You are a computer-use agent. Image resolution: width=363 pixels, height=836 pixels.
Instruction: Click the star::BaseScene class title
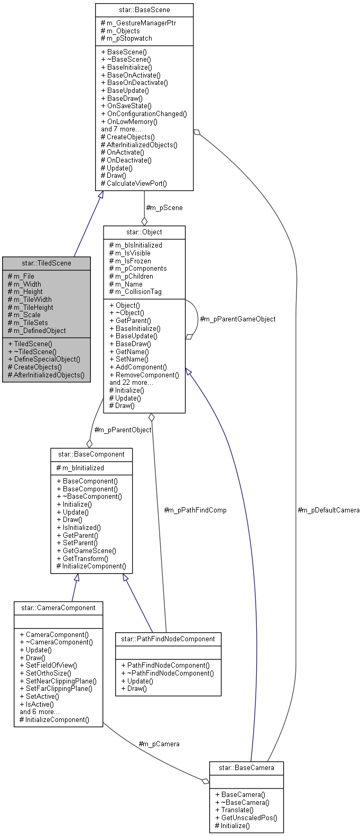144,9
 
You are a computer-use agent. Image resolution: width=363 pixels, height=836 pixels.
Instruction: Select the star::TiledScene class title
46,263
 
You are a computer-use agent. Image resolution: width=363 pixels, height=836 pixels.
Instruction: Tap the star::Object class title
144,232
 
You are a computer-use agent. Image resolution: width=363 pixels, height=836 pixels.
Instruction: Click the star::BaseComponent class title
91,454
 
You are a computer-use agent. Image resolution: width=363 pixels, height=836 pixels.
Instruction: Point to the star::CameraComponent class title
58,607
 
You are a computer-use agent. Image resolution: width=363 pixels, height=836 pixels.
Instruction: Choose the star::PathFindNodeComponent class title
168,639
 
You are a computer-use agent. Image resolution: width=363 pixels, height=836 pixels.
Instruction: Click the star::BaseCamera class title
247,767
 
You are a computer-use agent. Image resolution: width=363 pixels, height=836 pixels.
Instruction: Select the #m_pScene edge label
164,207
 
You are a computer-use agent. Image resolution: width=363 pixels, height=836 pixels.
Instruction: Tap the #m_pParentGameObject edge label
237,319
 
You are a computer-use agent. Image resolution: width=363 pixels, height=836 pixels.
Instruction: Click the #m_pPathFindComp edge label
195,510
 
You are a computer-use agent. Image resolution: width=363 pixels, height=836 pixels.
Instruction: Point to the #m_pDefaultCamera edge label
329,510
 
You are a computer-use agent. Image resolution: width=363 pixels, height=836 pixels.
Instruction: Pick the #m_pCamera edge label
159,744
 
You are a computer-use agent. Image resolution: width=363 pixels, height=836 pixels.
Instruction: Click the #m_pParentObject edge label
123,430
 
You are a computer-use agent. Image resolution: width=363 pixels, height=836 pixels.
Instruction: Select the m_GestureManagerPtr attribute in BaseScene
138,23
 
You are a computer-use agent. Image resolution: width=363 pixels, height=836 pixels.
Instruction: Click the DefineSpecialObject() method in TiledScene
47,359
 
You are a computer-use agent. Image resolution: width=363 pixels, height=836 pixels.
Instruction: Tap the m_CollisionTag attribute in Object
135,292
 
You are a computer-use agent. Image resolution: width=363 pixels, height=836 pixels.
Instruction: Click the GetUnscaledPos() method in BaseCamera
246,818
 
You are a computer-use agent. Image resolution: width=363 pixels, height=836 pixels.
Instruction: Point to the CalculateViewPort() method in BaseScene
134,184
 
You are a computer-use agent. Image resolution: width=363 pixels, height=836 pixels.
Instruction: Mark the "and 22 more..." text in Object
132,383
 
